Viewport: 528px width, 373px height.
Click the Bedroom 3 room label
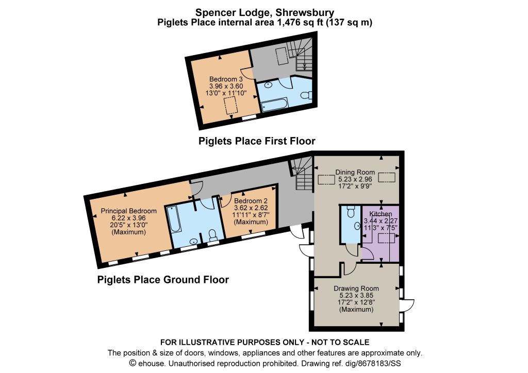pyautogui.click(x=226, y=79)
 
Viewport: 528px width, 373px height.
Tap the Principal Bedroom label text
pyautogui.click(x=128, y=211)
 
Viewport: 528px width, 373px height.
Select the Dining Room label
pyautogui.click(x=355, y=172)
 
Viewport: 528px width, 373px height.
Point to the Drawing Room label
pyautogui.click(x=356, y=288)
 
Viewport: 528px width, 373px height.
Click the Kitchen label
pyautogui.click(x=381, y=214)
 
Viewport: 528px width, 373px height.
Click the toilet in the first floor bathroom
pyautogui.click(x=306, y=95)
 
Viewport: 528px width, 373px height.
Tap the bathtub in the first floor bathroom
pyautogui.click(x=275, y=105)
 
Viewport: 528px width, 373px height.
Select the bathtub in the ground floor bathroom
pyautogui.click(x=175, y=219)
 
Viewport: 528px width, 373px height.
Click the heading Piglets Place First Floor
pyautogui.click(x=257, y=141)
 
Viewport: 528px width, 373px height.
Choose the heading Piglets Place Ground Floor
pyautogui.click(x=163, y=280)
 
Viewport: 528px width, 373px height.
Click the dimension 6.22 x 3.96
pyautogui.click(x=128, y=218)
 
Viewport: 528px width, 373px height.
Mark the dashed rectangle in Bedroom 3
pyautogui.click(x=230, y=105)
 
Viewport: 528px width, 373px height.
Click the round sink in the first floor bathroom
pyautogui.click(x=268, y=85)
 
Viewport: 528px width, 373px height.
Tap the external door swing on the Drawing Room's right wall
pyautogui.click(x=407, y=305)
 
